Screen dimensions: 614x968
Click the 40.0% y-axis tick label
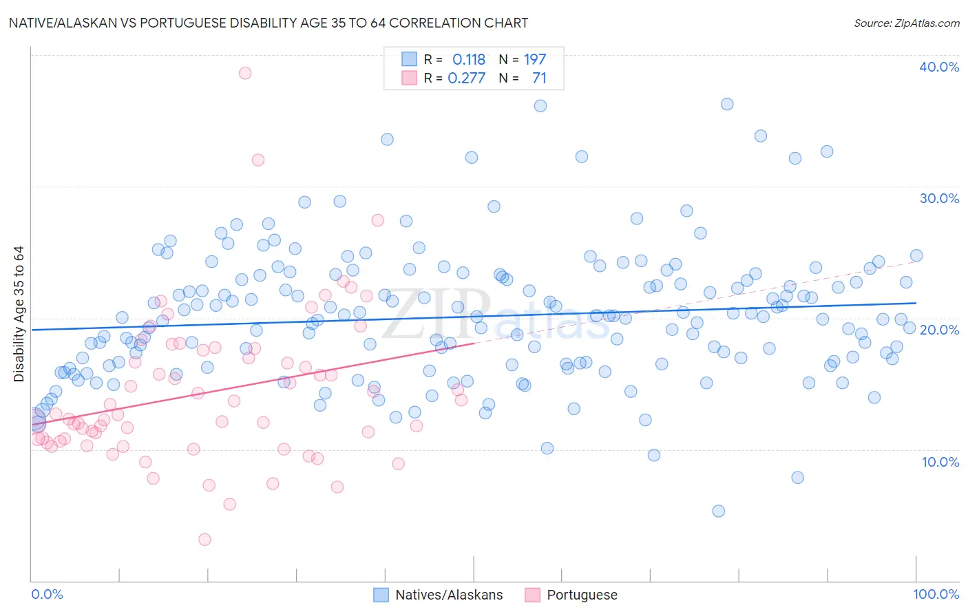939,67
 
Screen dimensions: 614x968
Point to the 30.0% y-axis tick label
939,198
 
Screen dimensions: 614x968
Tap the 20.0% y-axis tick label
939,330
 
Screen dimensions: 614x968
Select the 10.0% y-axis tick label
940,462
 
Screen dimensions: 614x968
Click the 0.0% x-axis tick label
47,594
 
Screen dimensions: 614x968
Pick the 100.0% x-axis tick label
936,594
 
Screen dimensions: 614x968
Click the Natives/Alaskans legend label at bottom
449,595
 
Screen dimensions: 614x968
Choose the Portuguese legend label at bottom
582,595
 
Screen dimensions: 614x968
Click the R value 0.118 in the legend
469,60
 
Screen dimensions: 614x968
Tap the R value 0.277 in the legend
467,78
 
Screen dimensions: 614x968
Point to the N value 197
535,60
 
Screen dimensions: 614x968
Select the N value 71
539,78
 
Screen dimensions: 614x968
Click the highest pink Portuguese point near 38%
245,73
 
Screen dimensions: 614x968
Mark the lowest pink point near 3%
204,540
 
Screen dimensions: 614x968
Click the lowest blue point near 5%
718,511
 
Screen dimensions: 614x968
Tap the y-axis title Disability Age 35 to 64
19,314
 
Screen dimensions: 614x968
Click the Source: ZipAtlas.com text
906,23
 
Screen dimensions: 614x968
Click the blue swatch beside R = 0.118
409,59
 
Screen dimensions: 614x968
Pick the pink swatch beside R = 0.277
409,78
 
